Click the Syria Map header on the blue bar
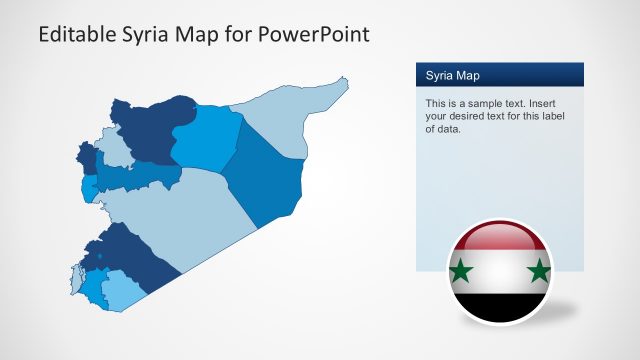pos(452,75)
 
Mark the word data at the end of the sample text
pos(446,129)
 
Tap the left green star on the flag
pos(462,271)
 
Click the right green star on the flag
pos(538,270)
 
